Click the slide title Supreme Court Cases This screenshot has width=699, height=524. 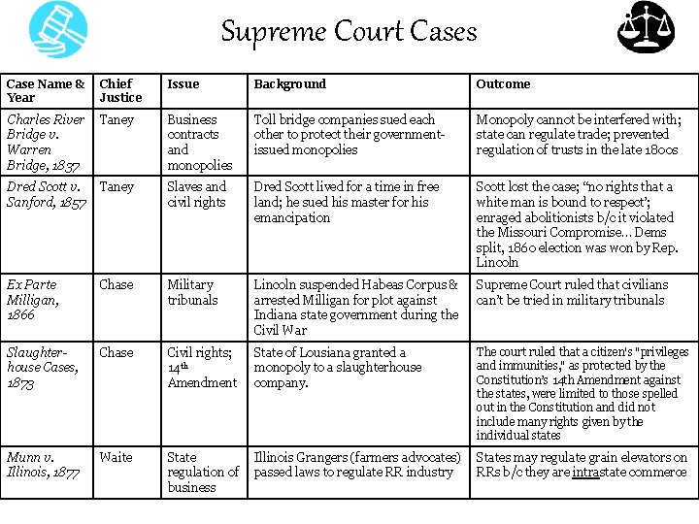pos(349,31)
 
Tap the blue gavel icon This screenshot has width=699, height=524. pos(57,30)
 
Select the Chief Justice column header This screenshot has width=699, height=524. pos(120,90)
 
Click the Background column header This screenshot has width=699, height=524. pos(289,83)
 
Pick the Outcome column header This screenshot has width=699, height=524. pos(503,83)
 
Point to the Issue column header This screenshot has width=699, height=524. pos(183,83)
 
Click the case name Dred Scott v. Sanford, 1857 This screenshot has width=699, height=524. pos(47,194)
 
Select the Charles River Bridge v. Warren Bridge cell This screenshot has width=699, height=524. pos(46,142)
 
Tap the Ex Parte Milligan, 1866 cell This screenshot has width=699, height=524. pos(36,299)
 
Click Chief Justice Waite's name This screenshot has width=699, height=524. pos(116,457)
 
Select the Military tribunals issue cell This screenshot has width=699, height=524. pos(192,292)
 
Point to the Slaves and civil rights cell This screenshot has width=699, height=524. pos(196,194)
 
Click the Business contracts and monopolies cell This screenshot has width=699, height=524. pos(199,142)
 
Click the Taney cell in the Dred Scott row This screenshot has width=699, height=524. pos(116,186)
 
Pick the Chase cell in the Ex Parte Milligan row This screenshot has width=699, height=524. pos(116,284)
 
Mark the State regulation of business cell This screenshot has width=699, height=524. pos(202,472)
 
